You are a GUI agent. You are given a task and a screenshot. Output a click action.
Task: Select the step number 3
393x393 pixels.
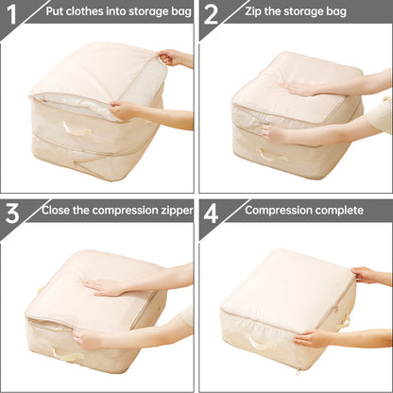click(x=13, y=212)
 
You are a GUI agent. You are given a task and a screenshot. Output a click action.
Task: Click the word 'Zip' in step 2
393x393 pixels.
click(x=253, y=12)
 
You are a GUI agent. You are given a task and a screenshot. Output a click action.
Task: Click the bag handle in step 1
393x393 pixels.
click(x=77, y=129)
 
